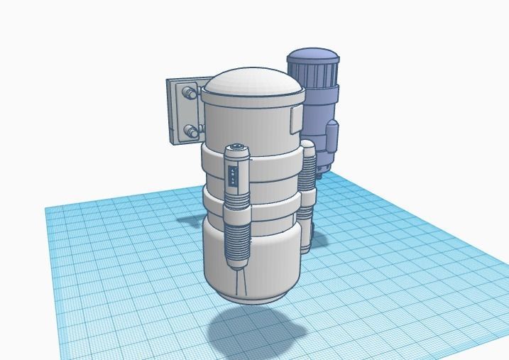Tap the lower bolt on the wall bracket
click(190, 130)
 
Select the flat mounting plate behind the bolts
click(175, 111)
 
